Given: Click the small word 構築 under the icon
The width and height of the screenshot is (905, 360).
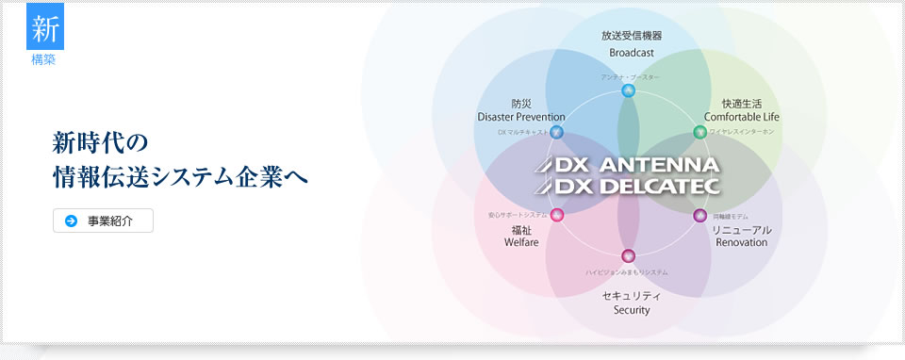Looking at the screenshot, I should (x=44, y=59).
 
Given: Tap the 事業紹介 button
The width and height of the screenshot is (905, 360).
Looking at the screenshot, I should (x=103, y=221).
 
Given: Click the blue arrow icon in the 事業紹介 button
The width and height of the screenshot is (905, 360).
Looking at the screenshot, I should (x=71, y=221).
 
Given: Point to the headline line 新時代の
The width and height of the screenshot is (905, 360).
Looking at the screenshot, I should (x=101, y=143).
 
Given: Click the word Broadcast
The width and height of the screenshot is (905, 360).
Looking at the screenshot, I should (x=631, y=53).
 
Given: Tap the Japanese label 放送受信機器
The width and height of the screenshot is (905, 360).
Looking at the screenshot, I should (x=631, y=36).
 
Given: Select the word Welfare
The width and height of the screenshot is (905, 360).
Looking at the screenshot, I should (x=521, y=242).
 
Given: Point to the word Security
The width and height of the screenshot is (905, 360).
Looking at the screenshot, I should (x=631, y=310).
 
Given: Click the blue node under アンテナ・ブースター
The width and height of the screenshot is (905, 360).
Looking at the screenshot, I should (x=629, y=90).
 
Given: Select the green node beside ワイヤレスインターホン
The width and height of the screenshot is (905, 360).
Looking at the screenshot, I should (x=699, y=132).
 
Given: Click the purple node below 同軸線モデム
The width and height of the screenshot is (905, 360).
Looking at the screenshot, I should (x=699, y=215).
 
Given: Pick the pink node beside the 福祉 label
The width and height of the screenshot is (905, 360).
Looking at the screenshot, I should (x=557, y=215).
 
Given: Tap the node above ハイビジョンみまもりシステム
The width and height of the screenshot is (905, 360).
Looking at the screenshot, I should (x=629, y=255).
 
